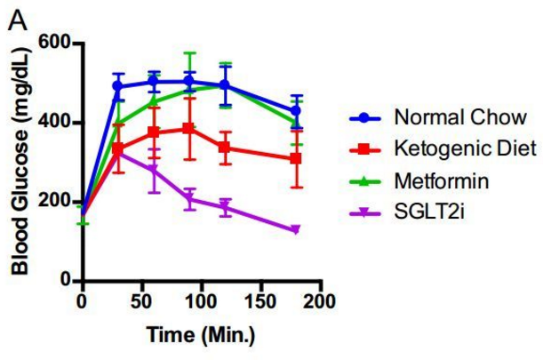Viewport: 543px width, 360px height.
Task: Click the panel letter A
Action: (x=16, y=16)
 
